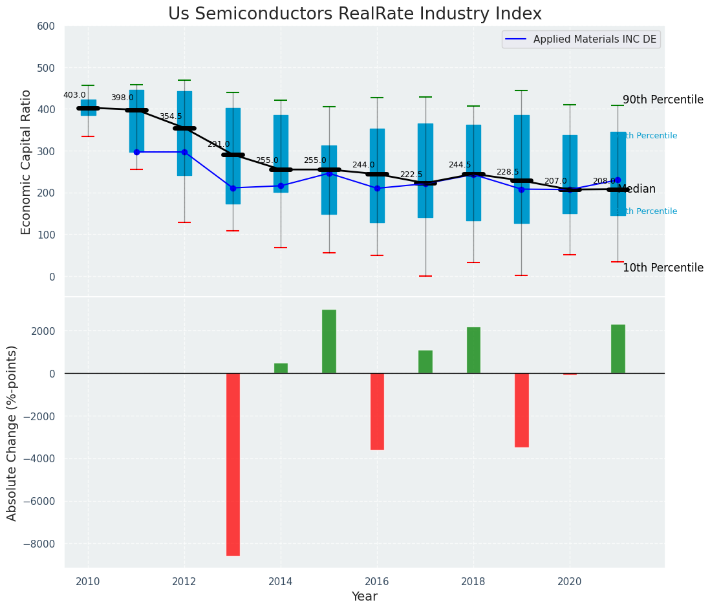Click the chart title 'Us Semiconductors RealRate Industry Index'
pyautogui.click(x=355, y=14)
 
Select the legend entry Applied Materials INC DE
pyautogui.click(x=594, y=39)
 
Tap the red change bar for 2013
pyautogui.click(x=233, y=464)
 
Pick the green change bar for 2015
pyautogui.click(x=329, y=341)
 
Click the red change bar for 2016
pyautogui.click(x=377, y=411)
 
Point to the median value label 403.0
pyautogui.click(x=74, y=95)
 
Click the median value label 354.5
pyautogui.click(x=171, y=116)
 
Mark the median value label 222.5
pyautogui.click(x=411, y=175)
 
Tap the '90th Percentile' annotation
pyautogui.click(x=663, y=100)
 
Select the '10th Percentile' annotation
pyautogui.click(x=663, y=268)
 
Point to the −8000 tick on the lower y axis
pyautogui.click(x=39, y=544)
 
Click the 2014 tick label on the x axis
pyautogui.click(x=281, y=581)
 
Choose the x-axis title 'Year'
pyautogui.click(x=365, y=597)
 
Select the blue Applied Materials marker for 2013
pyautogui.click(x=233, y=188)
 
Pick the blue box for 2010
pyautogui.click(x=89, y=107)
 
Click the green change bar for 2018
pyautogui.click(x=473, y=350)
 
